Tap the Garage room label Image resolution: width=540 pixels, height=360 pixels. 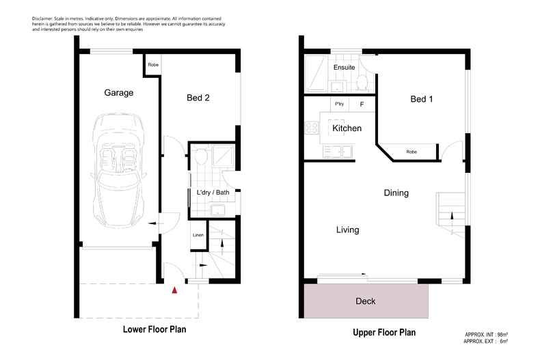[118, 92]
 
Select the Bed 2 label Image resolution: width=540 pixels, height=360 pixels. [198, 98]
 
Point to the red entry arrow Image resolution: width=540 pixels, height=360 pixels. [174, 290]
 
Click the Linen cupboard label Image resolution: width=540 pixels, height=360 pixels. [198, 236]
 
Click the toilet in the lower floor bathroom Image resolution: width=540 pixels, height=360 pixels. [200, 157]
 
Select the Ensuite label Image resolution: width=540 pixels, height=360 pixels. [344, 68]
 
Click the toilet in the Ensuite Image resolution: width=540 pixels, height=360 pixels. [362, 83]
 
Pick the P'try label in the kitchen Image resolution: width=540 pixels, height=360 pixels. [339, 104]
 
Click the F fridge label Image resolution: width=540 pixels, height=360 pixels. [362, 105]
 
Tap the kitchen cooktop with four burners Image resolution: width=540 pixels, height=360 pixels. [313, 128]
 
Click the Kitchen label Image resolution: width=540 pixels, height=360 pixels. [347, 128]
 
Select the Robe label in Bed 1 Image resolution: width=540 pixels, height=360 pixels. [411, 152]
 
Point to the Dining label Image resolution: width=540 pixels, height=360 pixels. [396, 193]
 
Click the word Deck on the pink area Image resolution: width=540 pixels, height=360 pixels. [366, 301]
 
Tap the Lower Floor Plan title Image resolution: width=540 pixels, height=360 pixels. [154, 329]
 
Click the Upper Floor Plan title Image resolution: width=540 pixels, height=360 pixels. [383, 333]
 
